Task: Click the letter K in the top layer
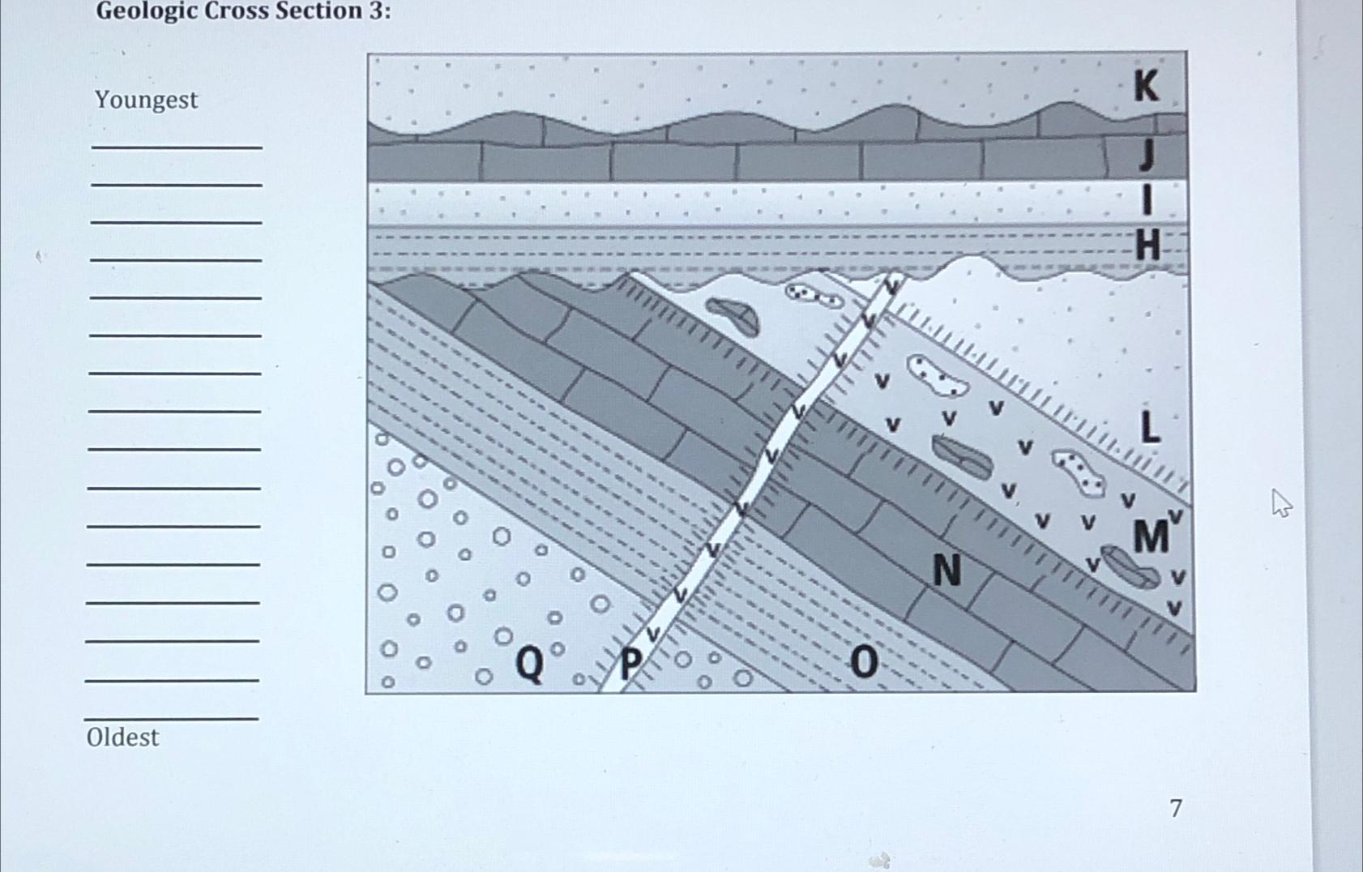(x=1146, y=86)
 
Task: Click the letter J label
(x=1146, y=154)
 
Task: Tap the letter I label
(x=1147, y=199)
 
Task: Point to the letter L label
(x=1149, y=427)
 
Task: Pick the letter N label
(x=946, y=571)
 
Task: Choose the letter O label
(x=864, y=662)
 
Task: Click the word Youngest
(x=146, y=100)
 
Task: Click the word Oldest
(x=122, y=737)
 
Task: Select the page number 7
(x=1176, y=808)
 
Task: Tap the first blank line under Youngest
(x=177, y=146)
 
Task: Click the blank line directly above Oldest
(x=172, y=717)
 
